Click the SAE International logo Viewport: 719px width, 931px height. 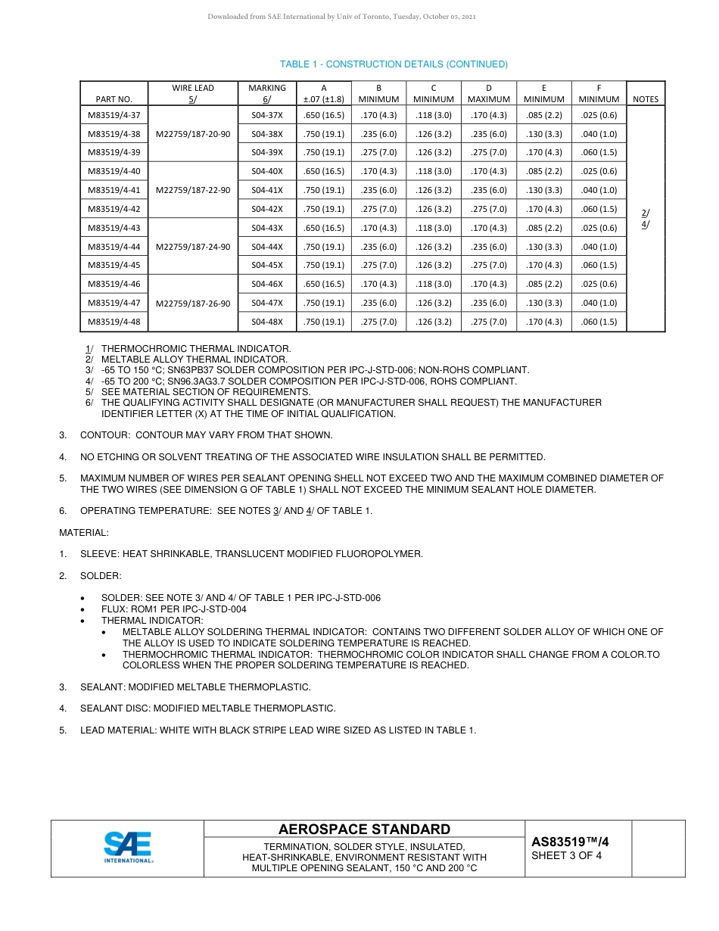pos(128,848)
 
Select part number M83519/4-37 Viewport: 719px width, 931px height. pos(114,115)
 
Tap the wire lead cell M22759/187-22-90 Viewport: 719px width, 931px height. pos(193,190)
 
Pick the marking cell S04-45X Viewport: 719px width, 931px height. pos(266,265)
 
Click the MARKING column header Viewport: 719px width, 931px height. pos(266,93)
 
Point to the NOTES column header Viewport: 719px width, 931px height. pos(646,99)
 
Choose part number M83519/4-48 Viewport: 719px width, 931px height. pos(114,322)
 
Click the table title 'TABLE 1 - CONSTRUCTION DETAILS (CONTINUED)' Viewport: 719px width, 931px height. pos(394,64)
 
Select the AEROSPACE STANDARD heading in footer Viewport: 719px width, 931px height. pos(364,830)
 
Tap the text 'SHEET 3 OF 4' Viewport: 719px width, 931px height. pos(567,856)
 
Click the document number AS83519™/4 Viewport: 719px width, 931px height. pos(570,841)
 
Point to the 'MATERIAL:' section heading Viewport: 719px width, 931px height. pos(84,533)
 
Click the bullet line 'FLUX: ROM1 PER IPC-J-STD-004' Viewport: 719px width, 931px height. pos(184,609)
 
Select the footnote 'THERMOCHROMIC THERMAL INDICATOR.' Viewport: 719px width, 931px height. pos(195,349)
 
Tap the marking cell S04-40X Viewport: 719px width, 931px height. pos(266,171)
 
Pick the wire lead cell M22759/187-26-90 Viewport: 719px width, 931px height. pos(193,303)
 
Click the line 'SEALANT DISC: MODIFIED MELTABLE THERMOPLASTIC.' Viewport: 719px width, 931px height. pos(207,708)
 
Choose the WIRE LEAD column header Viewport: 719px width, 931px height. pos(193,93)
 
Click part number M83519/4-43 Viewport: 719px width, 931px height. pos(114,228)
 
